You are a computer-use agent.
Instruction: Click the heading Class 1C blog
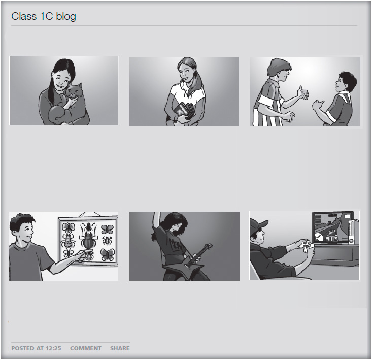pyautogui.click(x=44, y=16)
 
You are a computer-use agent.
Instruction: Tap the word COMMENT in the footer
pyautogui.click(x=86, y=348)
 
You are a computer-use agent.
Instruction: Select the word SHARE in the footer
pyautogui.click(x=120, y=348)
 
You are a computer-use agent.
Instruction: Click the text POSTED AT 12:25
pyautogui.click(x=36, y=348)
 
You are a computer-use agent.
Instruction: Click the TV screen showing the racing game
pyautogui.click(x=332, y=227)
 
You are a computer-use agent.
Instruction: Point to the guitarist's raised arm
pyautogui.click(x=156, y=222)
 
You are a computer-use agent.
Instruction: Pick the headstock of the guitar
pyautogui.click(x=208, y=246)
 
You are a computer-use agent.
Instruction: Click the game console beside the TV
pyautogui.click(x=351, y=232)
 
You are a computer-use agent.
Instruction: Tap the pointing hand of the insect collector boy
pyautogui.click(x=84, y=254)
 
